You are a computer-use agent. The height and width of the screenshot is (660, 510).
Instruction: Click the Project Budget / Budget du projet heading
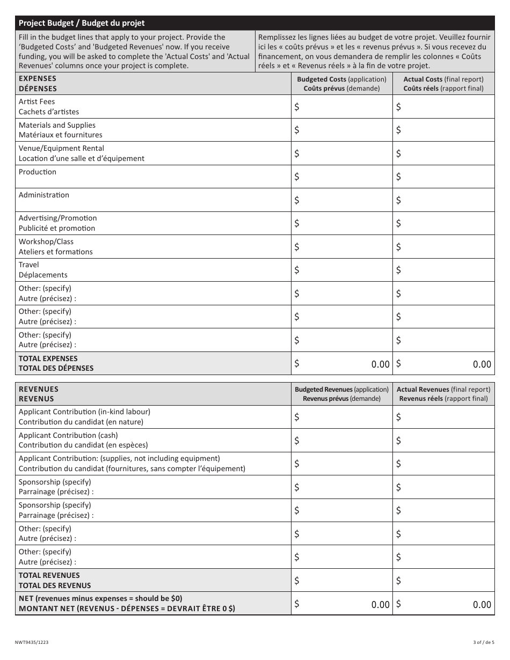coord(82,23)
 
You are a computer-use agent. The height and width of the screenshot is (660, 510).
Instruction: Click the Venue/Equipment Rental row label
coord(82,153)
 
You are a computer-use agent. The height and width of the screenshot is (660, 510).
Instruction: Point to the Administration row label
coord(44,195)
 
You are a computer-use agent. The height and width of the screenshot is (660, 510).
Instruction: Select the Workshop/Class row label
coord(55,247)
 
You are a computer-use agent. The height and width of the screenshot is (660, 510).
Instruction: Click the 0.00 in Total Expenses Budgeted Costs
coord(380,364)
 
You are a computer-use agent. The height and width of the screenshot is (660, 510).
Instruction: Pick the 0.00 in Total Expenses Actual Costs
coord(482,364)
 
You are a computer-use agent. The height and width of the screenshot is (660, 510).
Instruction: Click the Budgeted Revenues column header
coord(341,394)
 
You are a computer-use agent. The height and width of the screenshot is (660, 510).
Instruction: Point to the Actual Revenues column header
coord(443,394)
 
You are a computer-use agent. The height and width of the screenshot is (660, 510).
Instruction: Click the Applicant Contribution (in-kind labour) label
coord(84,417)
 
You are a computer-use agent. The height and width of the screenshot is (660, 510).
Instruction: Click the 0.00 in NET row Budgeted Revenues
coord(380,605)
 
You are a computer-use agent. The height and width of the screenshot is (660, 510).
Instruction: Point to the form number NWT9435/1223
coord(34,642)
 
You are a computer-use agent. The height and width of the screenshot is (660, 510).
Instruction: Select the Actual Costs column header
coord(443,84)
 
